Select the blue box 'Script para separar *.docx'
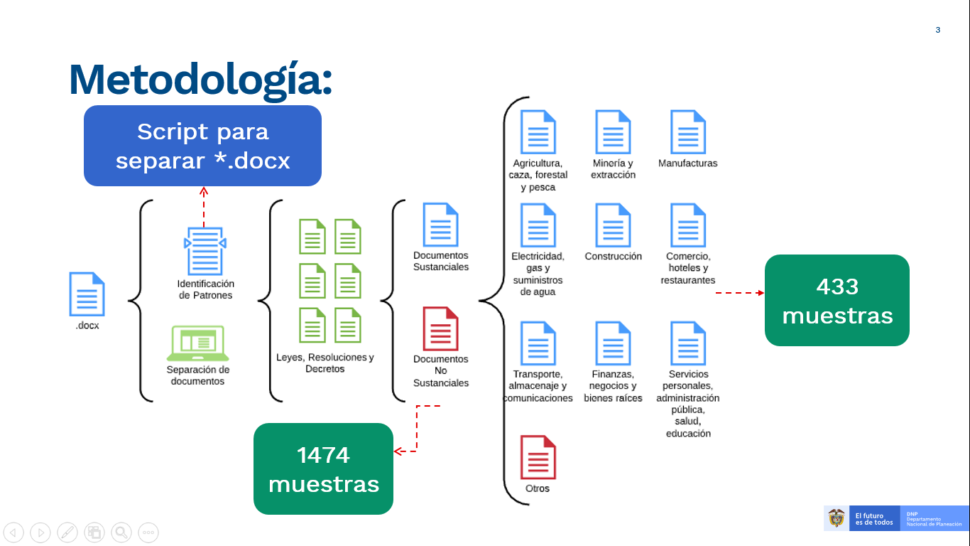pyautogui.click(x=202, y=146)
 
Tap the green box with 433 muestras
pyautogui.click(x=837, y=301)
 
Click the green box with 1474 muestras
pyautogui.click(x=323, y=469)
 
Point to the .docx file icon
pyautogui.click(x=87, y=294)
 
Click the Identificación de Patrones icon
pyautogui.click(x=205, y=251)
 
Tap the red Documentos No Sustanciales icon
pyautogui.click(x=440, y=328)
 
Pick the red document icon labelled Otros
pyautogui.click(x=538, y=457)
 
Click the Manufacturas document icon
pyautogui.click(x=687, y=132)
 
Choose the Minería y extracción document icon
pyautogui.click(x=613, y=132)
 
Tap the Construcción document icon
pyautogui.click(x=613, y=225)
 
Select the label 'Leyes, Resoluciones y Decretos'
pyautogui.click(x=325, y=363)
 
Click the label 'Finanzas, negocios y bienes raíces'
pyautogui.click(x=613, y=386)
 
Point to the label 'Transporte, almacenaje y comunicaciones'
pyautogui.click(x=538, y=386)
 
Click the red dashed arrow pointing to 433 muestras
pyautogui.click(x=739, y=292)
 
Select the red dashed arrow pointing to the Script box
pyautogui.click(x=204, y=206)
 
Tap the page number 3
pyautogui.click(x=938, y=30)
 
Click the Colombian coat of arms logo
pyautogui.click(x=837, y=518)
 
